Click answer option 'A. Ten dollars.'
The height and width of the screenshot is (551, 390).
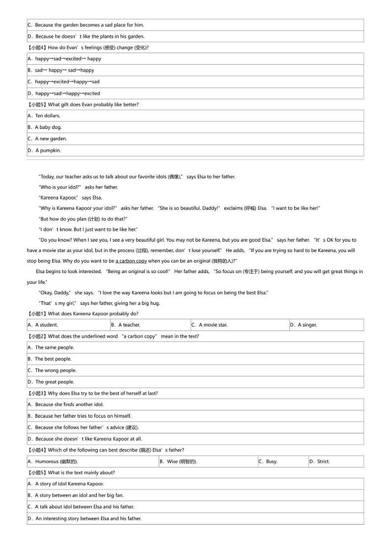point(44,116)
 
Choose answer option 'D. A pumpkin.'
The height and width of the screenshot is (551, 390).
point(44,150)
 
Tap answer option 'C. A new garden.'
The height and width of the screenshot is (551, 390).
point(47,139)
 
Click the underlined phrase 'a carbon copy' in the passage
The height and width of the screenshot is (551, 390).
point(131,261)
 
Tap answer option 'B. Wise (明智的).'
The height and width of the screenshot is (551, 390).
point(178,461)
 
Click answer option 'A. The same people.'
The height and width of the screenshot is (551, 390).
point(51,348)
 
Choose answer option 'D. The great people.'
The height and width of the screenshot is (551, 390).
point(51,382)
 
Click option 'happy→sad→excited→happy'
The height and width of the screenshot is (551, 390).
point(64,59)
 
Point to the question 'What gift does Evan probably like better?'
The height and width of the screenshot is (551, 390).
point(93,104)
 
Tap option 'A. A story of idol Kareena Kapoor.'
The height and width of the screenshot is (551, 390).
point(66,484)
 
